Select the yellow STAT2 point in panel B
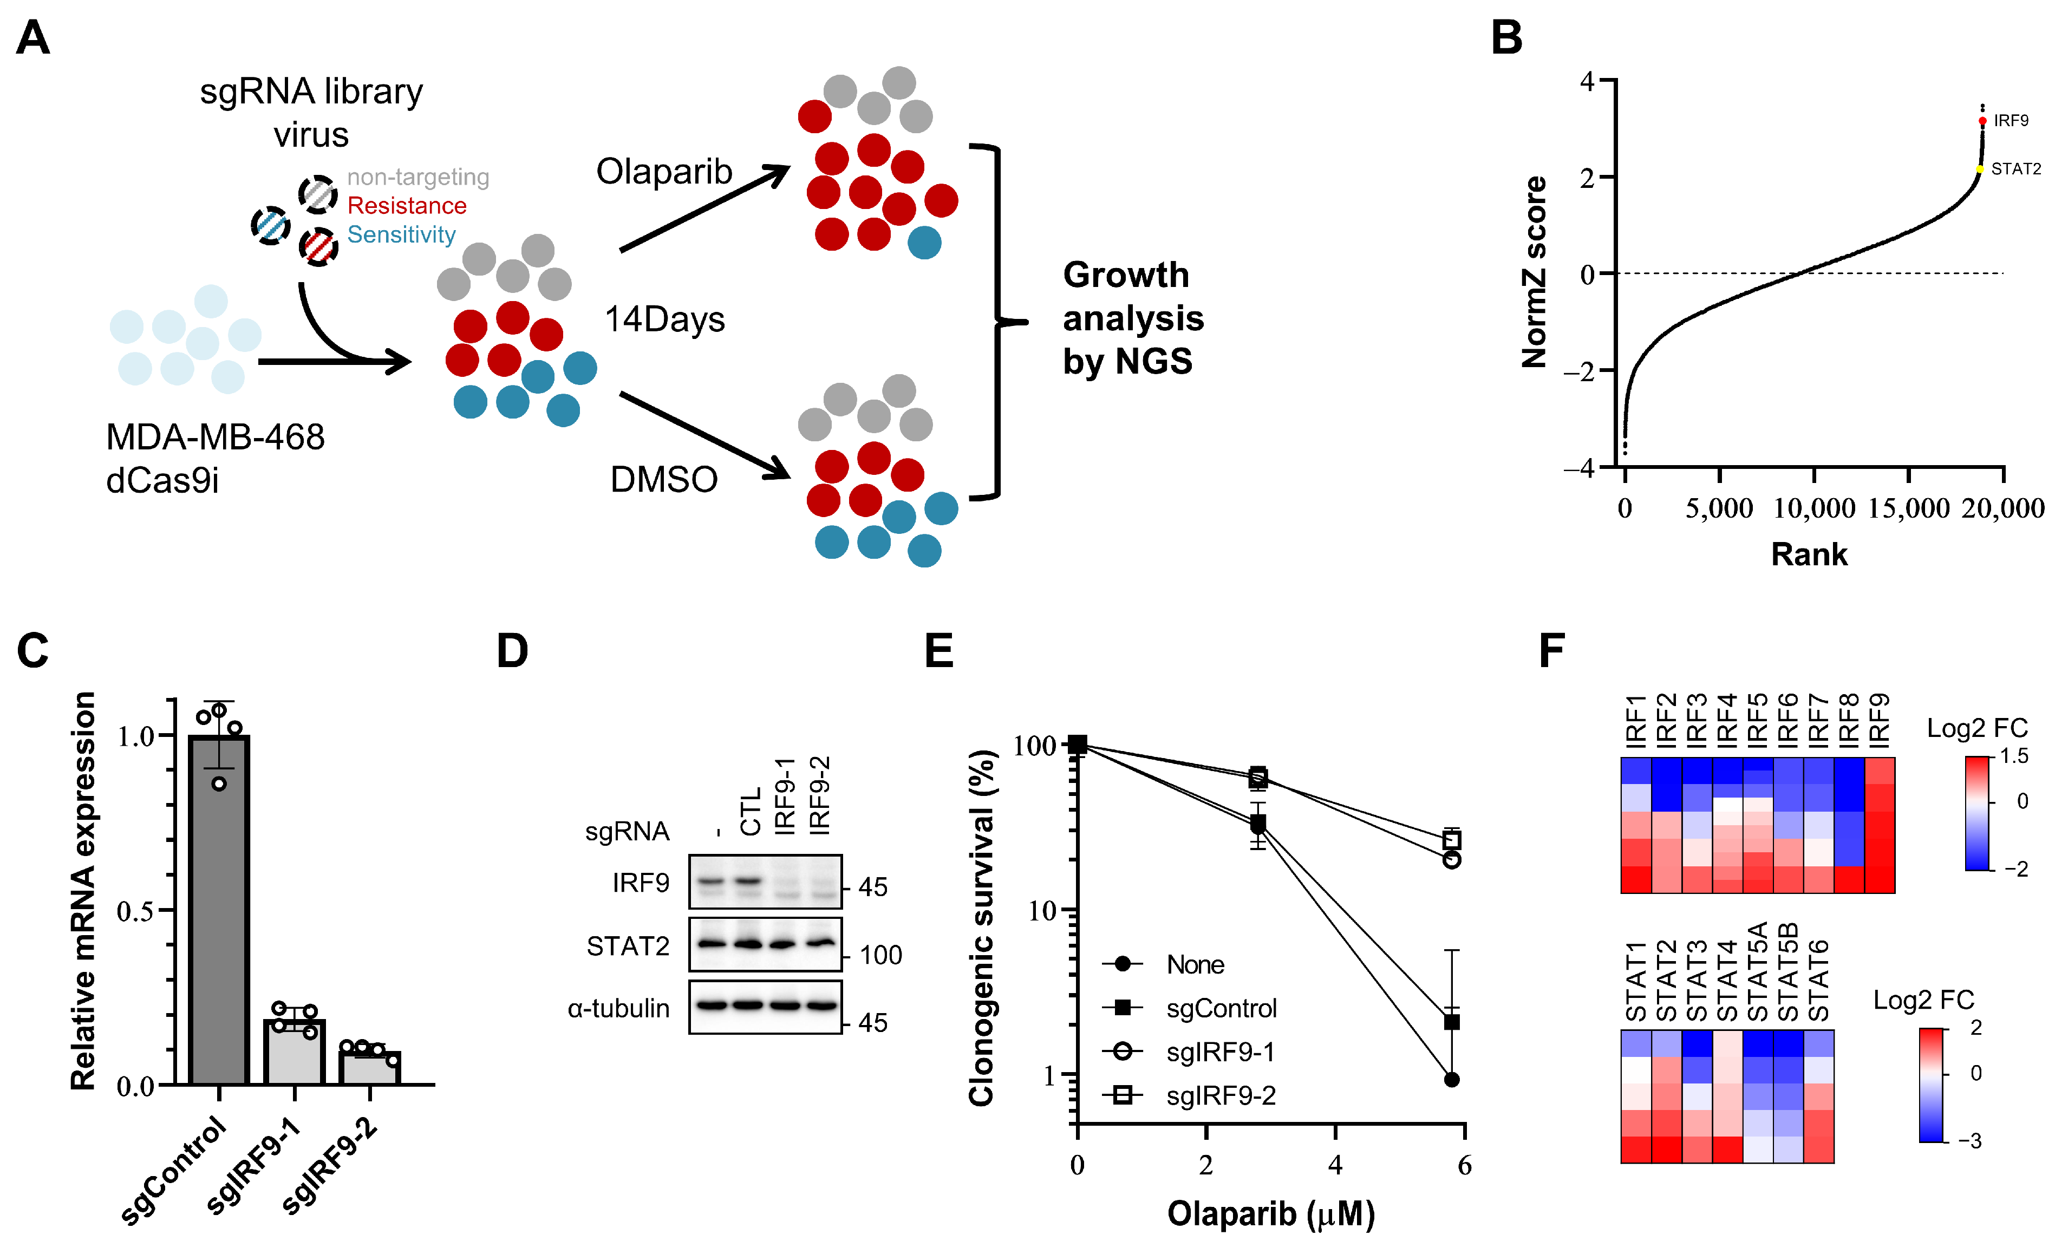[x=1979, y=169]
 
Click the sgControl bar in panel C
[x=219, y=909]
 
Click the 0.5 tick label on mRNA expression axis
[x=135, y=911]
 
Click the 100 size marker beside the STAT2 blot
[x=880, y=955]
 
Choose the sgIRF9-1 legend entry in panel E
[x=1220, y=1052]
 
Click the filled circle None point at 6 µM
[x=1451, y=1079]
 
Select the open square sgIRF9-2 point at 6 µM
[x=1451, y=840]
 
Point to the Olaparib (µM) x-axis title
[x=1270, y=1213]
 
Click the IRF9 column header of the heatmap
[x=1879, y=720]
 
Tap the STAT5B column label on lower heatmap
[x=1787, y=972]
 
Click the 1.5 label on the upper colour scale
[x=2014, y=756]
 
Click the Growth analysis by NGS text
[x=1133, y=318]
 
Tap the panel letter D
[x=512, y=651]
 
